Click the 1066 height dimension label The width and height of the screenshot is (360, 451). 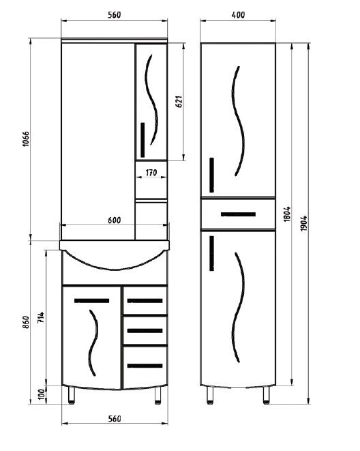[x=26, y=139]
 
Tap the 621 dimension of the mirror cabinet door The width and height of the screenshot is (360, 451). [x=179, y=102]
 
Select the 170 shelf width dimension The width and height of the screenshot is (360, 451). [x=151, y=173]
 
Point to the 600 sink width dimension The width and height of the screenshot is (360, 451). [x=115, y=220]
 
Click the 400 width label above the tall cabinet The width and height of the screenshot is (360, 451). [x=238, y=14]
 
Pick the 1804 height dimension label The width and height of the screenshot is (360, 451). [x=287, y=214]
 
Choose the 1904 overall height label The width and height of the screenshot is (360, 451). [x=303, y=223]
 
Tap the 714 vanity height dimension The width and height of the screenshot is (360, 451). [x=41, y=317]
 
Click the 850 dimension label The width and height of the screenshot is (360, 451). [x=26, y=323]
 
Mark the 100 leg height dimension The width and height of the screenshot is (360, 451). [x=42, y=394]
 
